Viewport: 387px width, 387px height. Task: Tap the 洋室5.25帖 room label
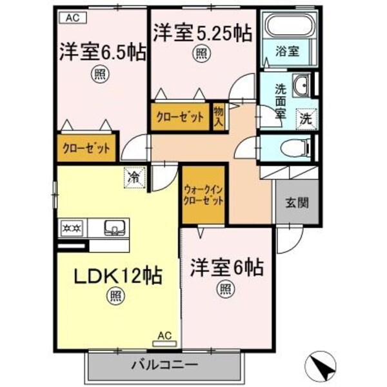[201, 33]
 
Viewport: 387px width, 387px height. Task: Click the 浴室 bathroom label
[288, 52]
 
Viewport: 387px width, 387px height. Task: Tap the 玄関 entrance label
[297, 202]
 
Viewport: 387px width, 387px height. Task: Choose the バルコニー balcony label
[164, 364]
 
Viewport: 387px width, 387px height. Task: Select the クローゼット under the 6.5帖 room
[86, 148]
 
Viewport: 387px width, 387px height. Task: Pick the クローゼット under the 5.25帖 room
[180, 117]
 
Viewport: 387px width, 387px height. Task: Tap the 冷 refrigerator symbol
[134, 175]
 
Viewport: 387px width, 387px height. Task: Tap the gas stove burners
[72, 227]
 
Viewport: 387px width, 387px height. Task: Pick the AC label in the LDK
[164, 335]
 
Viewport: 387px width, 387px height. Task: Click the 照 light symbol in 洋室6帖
[225, 288]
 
